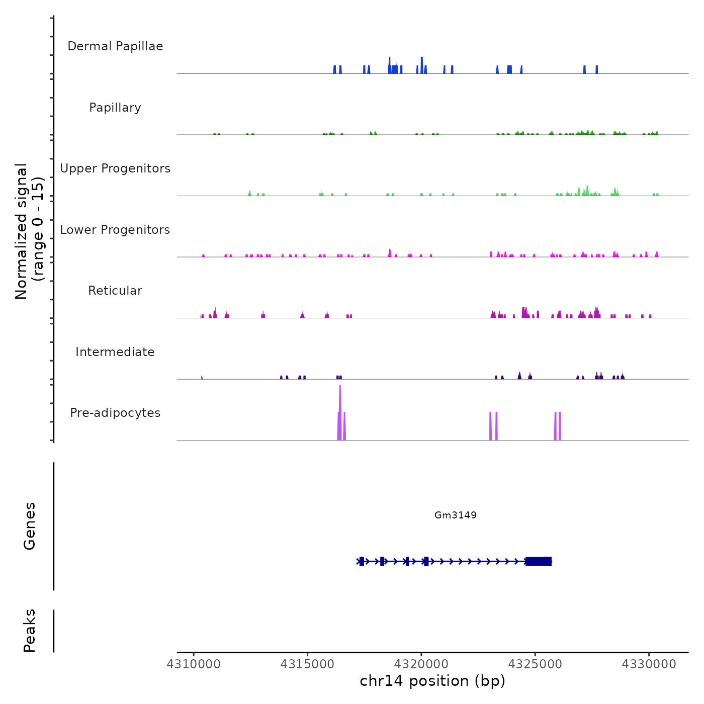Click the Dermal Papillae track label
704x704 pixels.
(115, 46)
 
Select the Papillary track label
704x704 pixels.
(115, 108)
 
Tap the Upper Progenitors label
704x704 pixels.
(115, 168)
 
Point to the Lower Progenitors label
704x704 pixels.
(115, 230)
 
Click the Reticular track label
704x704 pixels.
(115, 291)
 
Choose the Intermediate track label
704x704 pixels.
(115, 352)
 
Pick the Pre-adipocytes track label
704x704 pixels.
(115, 413)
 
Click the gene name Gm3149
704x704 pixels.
(456, 515)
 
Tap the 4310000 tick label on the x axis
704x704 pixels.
(194, 664)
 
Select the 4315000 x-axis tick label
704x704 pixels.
(307, 664)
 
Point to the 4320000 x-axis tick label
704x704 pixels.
(421, 664)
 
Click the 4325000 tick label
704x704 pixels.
(535, 664)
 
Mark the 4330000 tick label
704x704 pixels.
(649, 664)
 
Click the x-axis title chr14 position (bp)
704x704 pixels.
(432, 681)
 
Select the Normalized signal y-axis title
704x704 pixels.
(29, 231)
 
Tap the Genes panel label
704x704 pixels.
(30, 526)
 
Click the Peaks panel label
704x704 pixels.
(30, 631)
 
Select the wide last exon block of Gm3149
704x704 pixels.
(539, 561)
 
